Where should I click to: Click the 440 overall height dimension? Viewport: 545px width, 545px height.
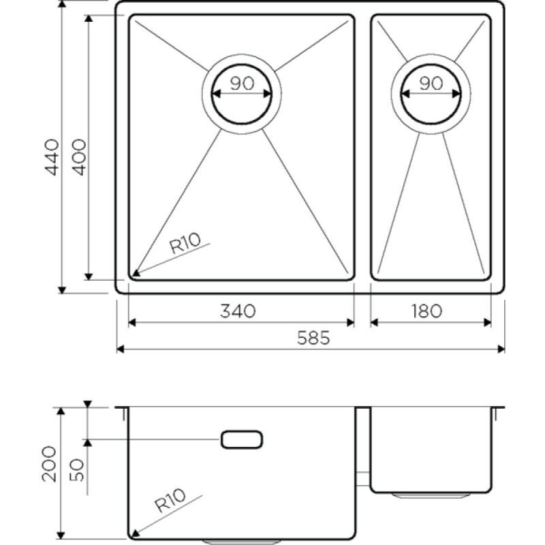pyautogui.click(x=52, y=157)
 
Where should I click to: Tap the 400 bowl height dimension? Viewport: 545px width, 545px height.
pyautogui.click(x=78, y=157)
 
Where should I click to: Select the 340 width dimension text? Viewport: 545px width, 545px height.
pyautogui.click(x=238, y=311)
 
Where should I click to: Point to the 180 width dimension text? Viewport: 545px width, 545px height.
pyautogui.click(x=427, y=311)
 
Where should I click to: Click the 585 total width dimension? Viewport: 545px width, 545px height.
pyautogui.click(x=313, y=337)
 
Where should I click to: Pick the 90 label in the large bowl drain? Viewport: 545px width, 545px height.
pyautogui.click(x=242, y=83)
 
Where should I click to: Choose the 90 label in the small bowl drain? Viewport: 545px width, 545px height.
pyautogui.click(x=431, y=83)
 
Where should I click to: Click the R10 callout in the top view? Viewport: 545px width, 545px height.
pyautogui.click(x=185, y=243)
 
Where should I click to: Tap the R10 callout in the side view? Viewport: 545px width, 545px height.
pyautogui.click(x=170, y=501)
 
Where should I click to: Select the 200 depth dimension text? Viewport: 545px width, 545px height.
pyautogui.click(x=48, y=464)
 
